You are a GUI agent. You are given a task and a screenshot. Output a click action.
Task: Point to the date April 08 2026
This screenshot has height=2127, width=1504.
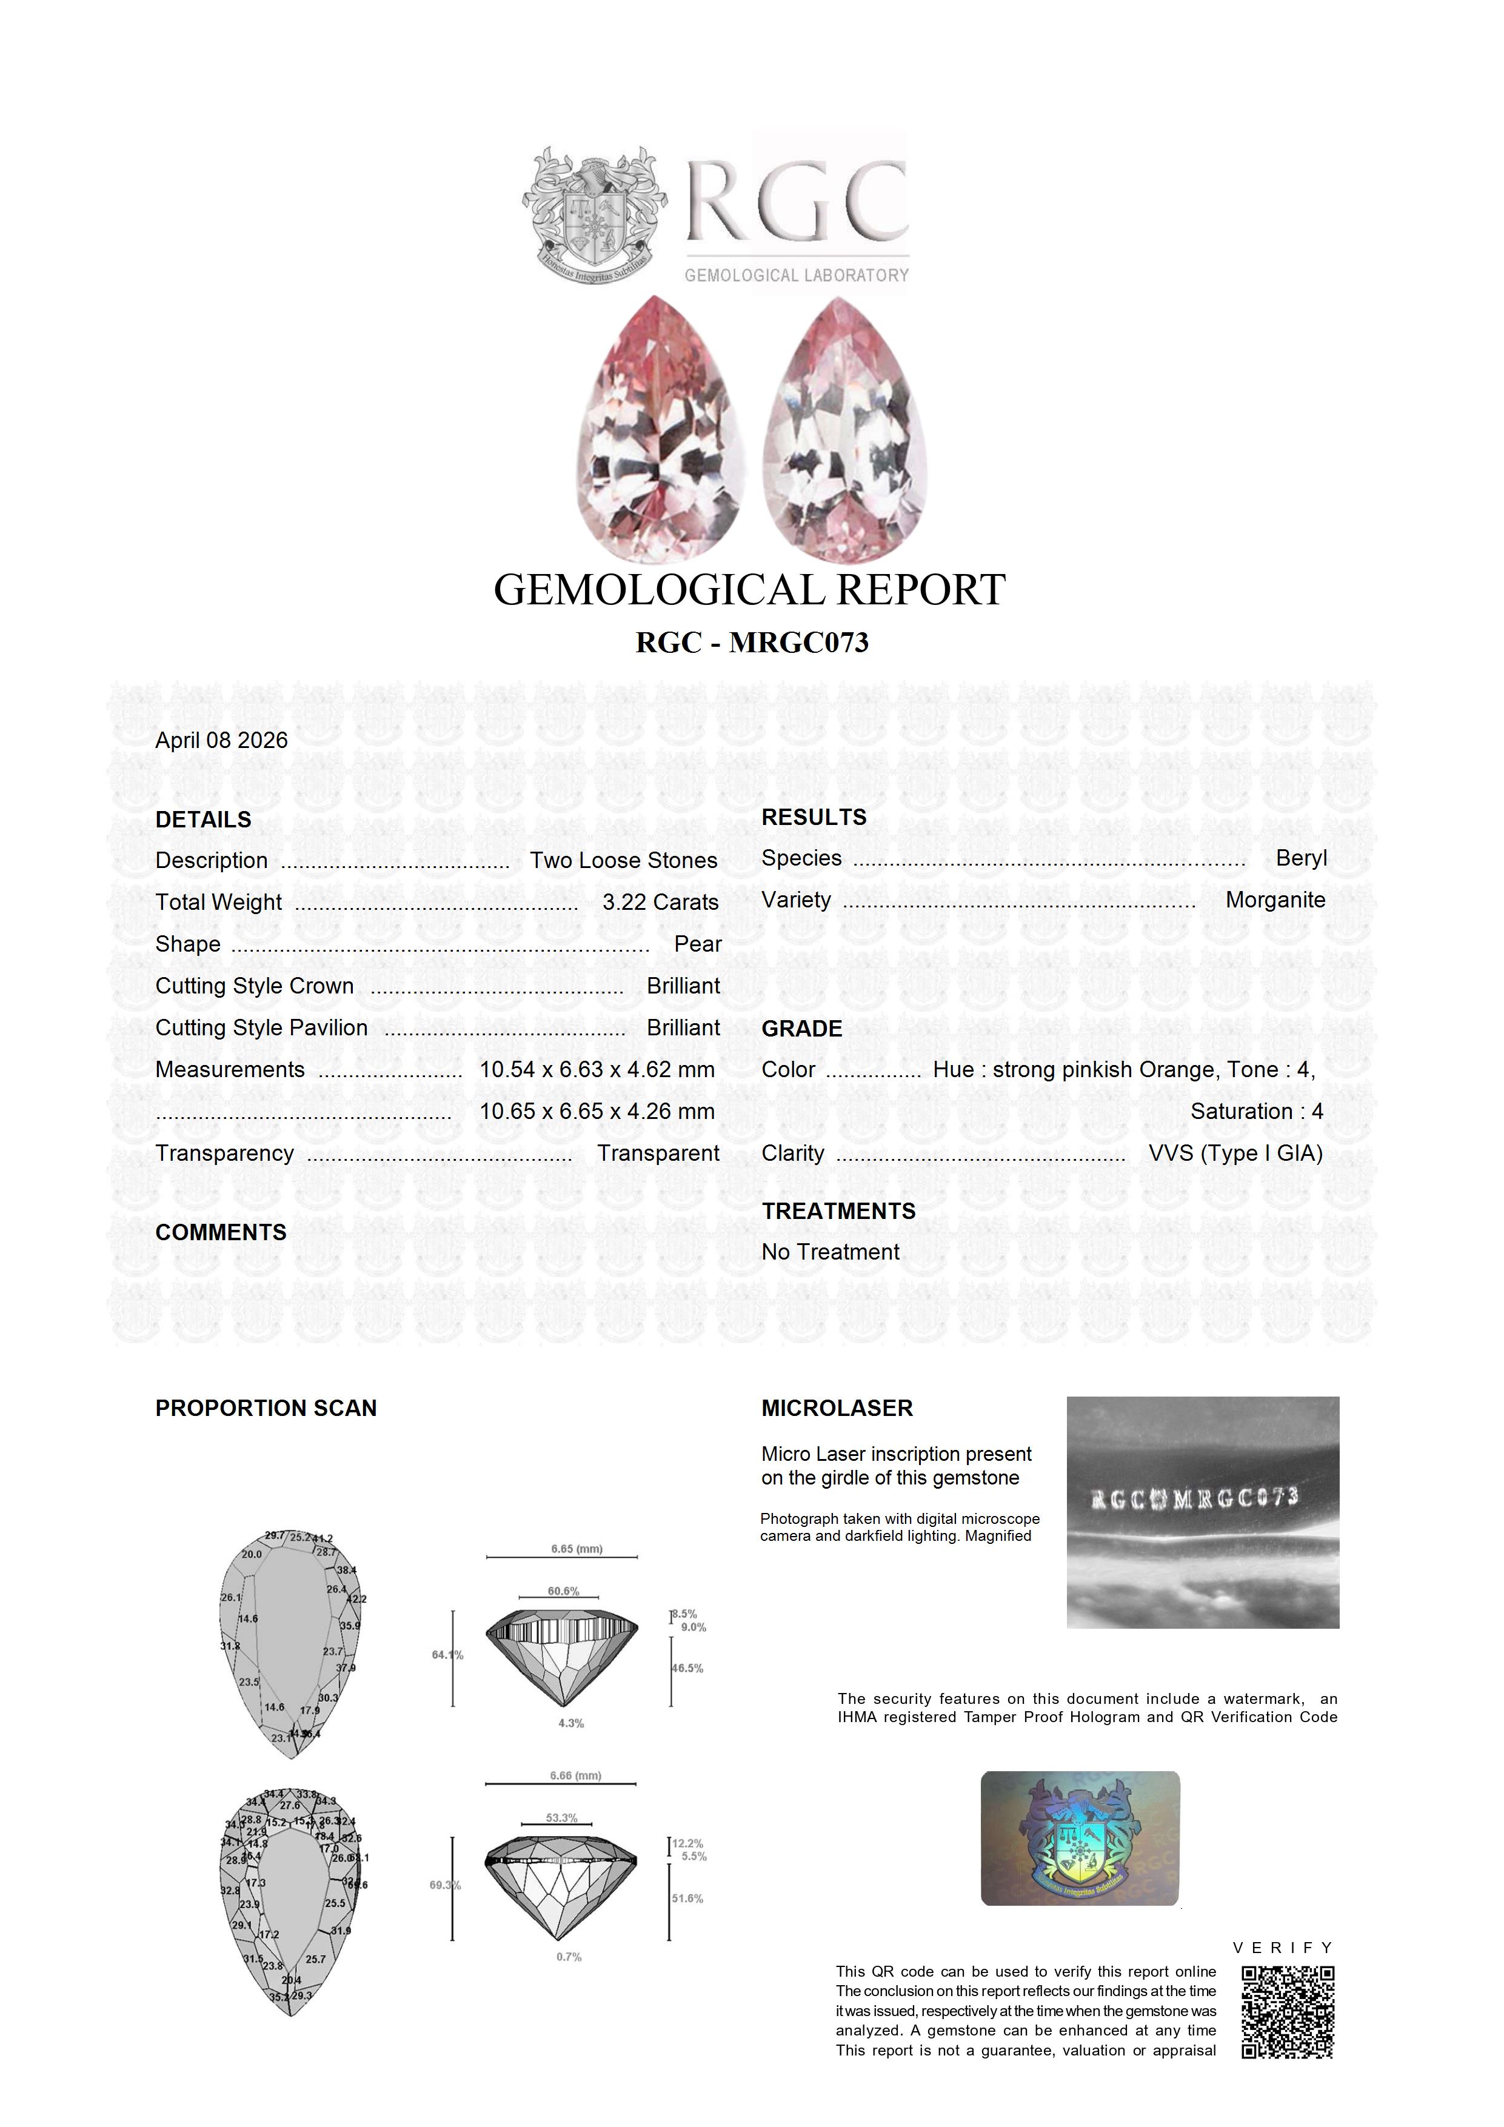coord(221,740)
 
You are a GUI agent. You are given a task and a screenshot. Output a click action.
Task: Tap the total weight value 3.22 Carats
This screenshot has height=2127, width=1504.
coord(660,903)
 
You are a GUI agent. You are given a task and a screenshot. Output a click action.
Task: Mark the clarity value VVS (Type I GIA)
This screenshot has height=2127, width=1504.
coord(1235,1154)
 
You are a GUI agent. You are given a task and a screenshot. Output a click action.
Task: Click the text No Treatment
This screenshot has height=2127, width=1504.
coord(831,1252)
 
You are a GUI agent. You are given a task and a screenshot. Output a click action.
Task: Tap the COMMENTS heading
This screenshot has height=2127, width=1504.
coord(221,1233)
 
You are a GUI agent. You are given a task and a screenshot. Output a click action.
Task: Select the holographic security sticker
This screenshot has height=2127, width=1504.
coord(1080,1839)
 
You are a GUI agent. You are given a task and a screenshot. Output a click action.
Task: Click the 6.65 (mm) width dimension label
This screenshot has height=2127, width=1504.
coord(577,1549)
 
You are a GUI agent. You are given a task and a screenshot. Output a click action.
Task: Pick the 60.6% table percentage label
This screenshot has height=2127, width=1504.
coord(563,1592)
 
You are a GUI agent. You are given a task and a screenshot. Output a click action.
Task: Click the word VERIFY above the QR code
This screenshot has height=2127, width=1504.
coord(1283,1948)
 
